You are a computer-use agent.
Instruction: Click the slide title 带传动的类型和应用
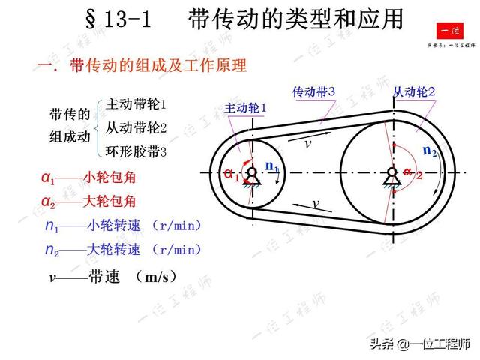[x=296, y=19]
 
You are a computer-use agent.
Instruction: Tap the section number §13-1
[x=115, y=19]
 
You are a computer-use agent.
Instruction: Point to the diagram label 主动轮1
[x=245, y=108]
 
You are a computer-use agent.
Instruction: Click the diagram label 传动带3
[x=313, y=91]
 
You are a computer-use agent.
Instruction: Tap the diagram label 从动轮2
[x=414, y=92]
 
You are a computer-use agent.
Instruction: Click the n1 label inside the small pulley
[x=272, y=167]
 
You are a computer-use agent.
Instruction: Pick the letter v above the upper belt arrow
[x=307, y=143]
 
